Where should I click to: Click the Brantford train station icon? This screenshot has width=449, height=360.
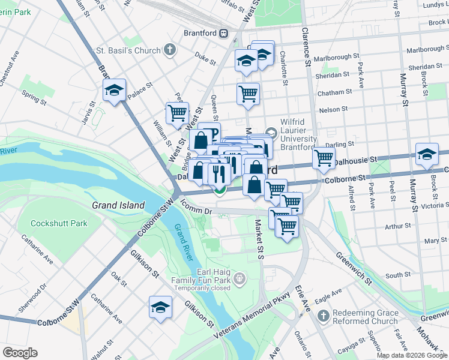tap(223, 34)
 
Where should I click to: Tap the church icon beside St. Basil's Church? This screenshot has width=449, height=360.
tap(170, 50)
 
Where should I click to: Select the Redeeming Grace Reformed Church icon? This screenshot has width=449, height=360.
tap(323, 316)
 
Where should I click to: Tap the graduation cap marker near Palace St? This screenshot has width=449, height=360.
tap(113, 91)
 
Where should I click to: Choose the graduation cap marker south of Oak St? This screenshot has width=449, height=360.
tap(160, 308)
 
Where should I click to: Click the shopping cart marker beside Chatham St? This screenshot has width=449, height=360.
tap(248, 94)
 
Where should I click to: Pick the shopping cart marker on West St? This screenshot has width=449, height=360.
tap(177, 113)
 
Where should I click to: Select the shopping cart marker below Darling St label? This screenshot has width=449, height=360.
tap(324, 158)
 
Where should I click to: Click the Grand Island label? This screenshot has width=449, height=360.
tap(118, 205)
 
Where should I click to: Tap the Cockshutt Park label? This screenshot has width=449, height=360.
tap(60, 223)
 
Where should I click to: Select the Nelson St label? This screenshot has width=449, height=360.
tap(334, 110)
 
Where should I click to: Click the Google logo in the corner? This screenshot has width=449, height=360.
tap(20, 353)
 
